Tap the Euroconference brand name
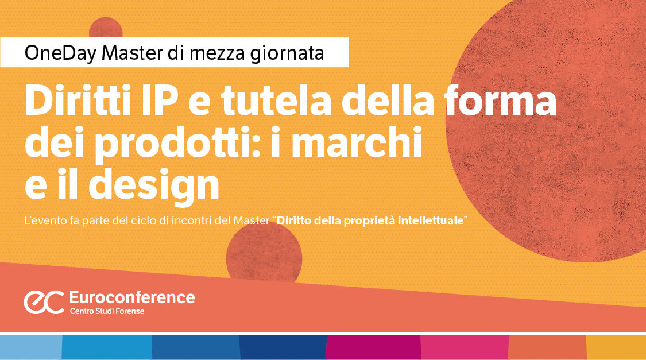click(131, 297)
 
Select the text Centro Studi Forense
click(107, 311)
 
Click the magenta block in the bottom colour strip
click(373, 347)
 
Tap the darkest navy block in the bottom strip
click(283, 347)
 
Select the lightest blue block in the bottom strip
click(30, 347)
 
